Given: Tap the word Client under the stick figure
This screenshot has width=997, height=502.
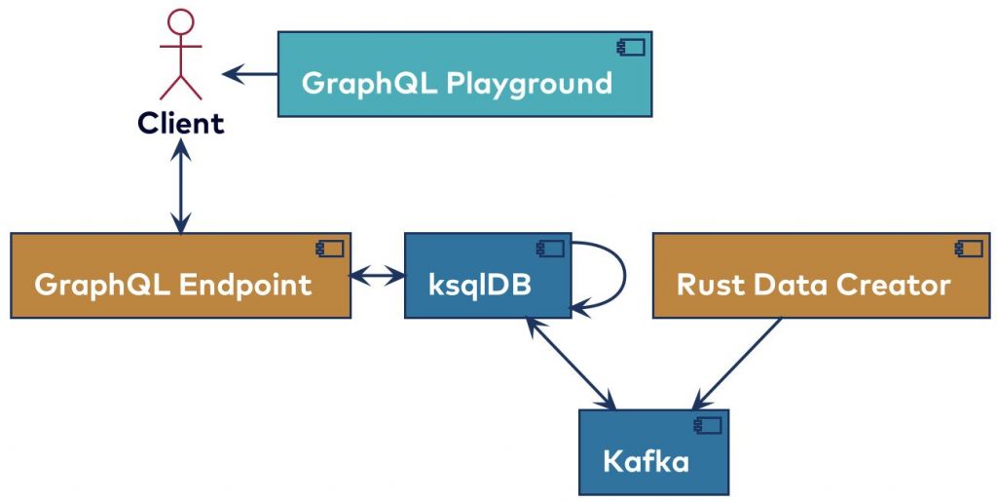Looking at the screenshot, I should (x=180, y=124).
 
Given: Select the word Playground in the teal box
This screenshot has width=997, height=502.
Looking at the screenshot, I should (x=529, y=83).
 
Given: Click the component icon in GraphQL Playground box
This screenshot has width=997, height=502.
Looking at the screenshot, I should (x=630, y=47).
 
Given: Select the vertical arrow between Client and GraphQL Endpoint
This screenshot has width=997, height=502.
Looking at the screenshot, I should (x=180, y=185).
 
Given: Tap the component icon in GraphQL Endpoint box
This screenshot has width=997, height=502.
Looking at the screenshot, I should (x=329, y=249).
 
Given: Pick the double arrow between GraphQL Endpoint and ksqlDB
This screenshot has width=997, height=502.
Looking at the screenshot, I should (x=378, y=276).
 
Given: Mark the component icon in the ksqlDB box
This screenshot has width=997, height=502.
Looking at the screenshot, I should (x=550, y=249).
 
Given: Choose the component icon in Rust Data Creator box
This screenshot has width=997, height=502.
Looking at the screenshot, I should (x=969, y=249).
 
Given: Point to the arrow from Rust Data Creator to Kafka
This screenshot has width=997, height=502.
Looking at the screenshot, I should (x=737, y=363).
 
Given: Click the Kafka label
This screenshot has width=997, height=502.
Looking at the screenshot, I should (x=646, y=461).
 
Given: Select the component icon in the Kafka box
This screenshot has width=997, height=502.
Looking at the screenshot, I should (x=707, y=425).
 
